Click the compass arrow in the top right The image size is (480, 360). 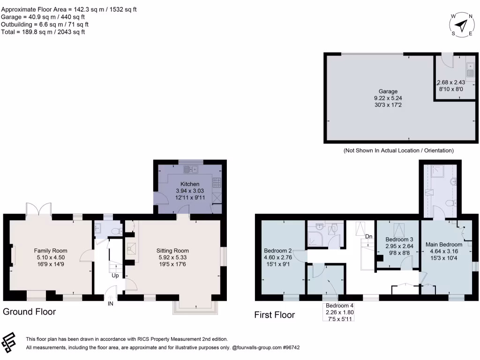click(x=462, y=25)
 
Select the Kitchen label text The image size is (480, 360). click(x=190, y=184)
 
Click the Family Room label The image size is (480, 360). click(x=51, y=250)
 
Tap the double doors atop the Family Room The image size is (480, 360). click(x=38, y=209)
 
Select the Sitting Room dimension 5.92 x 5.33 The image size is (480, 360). click(x=172, y=257)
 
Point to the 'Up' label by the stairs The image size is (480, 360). click(x=115, y=275)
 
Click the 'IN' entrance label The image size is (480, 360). click(x=111, y=303)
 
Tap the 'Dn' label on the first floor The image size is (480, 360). click(x=369, y=236)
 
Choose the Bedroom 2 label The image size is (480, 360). click(x=278, y=250)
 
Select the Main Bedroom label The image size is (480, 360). click(x=444, y=244)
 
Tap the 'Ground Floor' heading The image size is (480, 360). click(x=30, y=312)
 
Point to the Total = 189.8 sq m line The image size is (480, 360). click(x=43, y=32)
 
